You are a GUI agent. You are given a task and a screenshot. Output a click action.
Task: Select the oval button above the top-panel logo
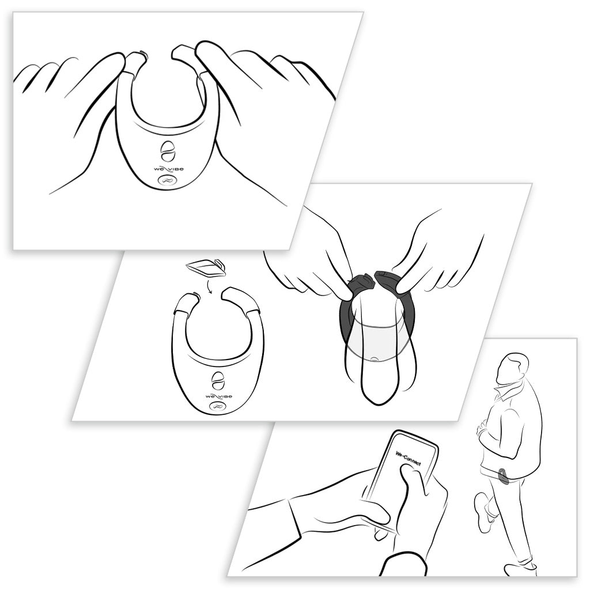coord(167,150)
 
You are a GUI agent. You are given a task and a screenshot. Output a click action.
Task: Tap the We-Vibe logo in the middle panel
coord(218,397)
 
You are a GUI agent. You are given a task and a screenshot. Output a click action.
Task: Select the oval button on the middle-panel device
coord(218,381)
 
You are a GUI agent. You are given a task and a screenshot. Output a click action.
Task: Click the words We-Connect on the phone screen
coord(409,458)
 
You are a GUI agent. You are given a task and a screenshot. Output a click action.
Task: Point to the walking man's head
coord(511,369)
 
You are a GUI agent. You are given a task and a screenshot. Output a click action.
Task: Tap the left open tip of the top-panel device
coord(134,60)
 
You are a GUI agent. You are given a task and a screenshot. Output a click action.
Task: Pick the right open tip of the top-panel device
coord(183,54)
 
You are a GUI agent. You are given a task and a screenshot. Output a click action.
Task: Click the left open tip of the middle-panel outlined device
coord(186,300)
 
